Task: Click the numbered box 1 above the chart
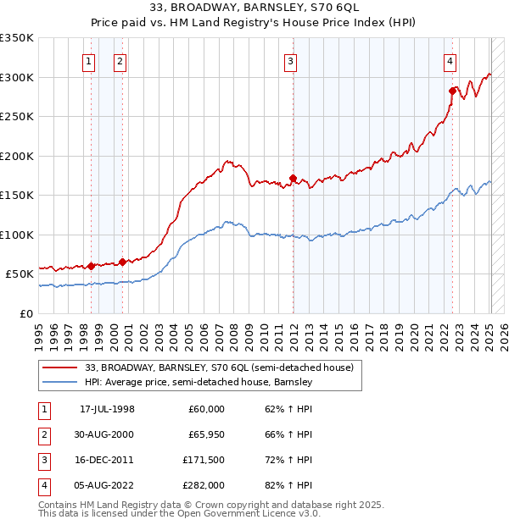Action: pyautogui.click(x=89, y=61)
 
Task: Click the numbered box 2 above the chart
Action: pyautogui.click(x=120, y=61)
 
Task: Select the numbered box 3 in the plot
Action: pyautogui.click(x=290, y=61)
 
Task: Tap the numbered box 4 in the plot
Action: pyautogui.click(x=449, y=61)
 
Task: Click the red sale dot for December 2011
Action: pyautogui.click(x=293, y=179)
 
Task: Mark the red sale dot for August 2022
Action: pyautogui.click(x=452, y=91)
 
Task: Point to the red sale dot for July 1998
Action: pyautogui.click(x=91, y=266)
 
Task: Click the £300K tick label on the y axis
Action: pyautogui.click(x=17, y=77)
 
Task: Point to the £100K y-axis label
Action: pyautogui.click(x=17, y=235)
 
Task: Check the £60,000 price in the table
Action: pyautogui.click(x=204, y=409)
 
